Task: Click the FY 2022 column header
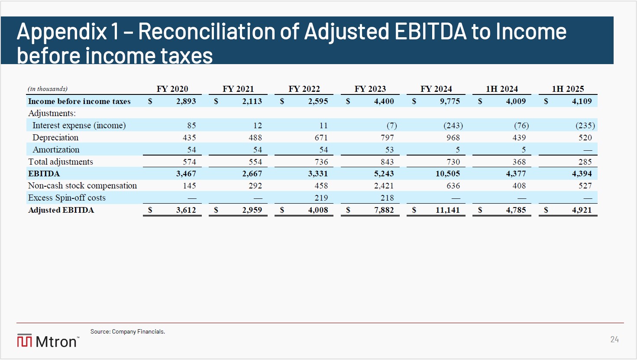point(304,89)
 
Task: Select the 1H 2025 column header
point(568,89)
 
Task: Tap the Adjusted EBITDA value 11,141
point(448,210)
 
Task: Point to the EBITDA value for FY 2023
point(384,174)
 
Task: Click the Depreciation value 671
point(321,137)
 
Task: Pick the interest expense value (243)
point(453,126)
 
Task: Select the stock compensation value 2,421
point(384,186)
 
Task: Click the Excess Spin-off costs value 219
point(321,198)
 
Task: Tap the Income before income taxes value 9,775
point(450,101)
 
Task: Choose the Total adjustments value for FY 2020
point(189,162)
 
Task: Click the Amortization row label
point(56,150)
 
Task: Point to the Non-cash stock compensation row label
point(82,185)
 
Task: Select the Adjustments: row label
point(52,113)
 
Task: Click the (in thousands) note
point(48,89)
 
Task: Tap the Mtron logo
point(48,341)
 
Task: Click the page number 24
point(614,339)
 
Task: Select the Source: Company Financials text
point(128,331)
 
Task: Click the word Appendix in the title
point(62,32)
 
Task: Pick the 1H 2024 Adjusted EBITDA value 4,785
point(516,210)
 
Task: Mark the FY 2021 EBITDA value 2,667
point(252,174)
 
